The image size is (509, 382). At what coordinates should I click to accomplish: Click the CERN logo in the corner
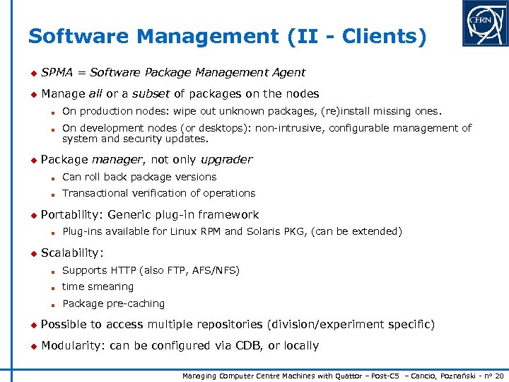[x=485, y=23]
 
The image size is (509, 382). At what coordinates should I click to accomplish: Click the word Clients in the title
[x=385, y=37]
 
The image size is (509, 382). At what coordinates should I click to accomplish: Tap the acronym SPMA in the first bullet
[x=56, y=72]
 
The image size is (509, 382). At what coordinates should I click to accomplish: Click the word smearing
[x=112, y=286]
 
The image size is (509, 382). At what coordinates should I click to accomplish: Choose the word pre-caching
[x=136, y=303]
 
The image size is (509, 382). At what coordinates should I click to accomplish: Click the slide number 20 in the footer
[x=500, y=376]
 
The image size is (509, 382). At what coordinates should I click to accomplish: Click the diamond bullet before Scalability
[x=32, y=253]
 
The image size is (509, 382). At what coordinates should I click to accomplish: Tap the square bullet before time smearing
[x=53, y=287]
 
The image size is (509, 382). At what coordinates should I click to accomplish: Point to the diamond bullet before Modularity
[x=32, y=346]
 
